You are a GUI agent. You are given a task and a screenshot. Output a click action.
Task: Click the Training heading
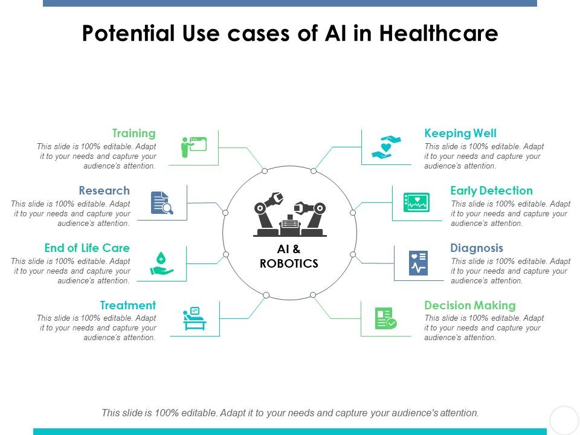[x=134, y=133]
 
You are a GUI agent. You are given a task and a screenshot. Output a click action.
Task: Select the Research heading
[x=104, y=190]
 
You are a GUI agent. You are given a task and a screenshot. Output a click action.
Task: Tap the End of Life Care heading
[x=87, y=248]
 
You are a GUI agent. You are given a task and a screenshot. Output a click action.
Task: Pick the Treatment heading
[x=128, y=305]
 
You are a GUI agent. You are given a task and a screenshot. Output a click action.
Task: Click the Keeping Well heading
[x=460, y=133]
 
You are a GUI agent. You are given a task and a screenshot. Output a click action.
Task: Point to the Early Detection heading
[x=491, y=190]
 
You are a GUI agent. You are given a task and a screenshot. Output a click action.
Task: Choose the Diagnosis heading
[x=477, y=248]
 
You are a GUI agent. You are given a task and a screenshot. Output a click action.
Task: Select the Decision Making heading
[x=470, y=305]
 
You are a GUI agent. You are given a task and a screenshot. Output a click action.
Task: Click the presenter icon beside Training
[x=194, y=147]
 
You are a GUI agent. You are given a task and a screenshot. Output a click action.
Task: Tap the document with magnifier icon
[x=162, y=203]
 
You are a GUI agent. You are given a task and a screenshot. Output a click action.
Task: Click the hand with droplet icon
[x=161, y=264]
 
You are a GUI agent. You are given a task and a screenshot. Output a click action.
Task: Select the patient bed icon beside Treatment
[x=195, y=319]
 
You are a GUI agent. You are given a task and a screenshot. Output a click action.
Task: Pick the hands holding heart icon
[x=387, y=147]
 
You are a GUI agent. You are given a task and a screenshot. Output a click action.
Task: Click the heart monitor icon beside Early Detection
[x=416, y=203]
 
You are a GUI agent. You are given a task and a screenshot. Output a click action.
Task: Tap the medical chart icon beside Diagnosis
[x=418, y=263]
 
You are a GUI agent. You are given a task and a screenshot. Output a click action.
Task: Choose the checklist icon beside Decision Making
[x=385, y=318]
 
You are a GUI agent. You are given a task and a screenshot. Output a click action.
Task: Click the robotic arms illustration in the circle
[x=289, y=213]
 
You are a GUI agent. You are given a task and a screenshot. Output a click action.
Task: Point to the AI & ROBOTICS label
[x=289, y=256]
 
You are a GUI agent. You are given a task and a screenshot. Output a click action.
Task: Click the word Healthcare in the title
[x=439, y=34]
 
